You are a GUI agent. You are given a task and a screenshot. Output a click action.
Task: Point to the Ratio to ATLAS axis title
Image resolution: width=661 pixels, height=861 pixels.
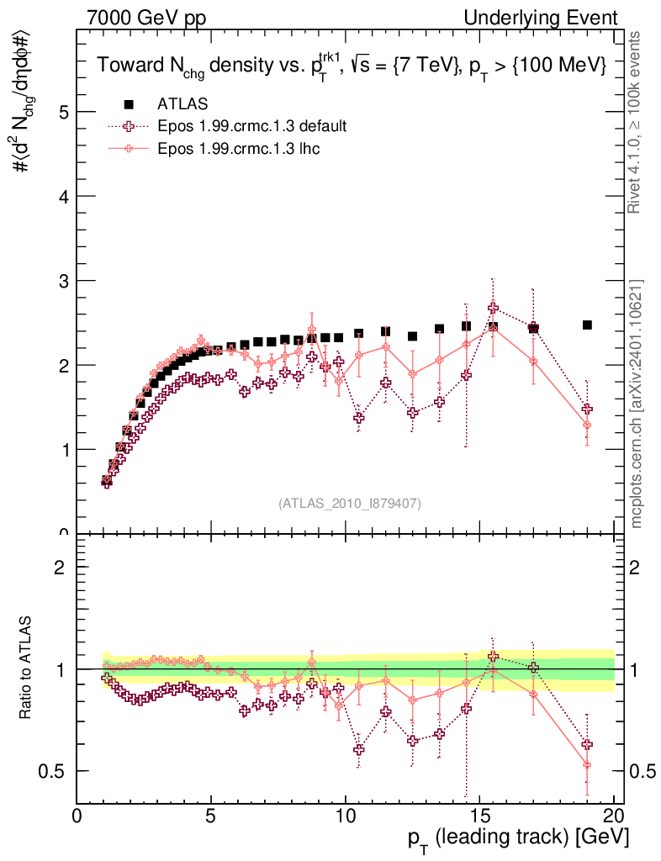[x=26, y=668]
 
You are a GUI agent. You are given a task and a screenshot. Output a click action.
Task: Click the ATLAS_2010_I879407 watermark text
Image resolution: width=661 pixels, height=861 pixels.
[x=350, y=503]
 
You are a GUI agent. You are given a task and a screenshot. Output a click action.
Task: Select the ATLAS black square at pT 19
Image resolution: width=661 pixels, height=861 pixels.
[x=587, y=325]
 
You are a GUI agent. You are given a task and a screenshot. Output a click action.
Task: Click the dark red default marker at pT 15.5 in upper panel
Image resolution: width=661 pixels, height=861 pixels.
[x=493, y=308]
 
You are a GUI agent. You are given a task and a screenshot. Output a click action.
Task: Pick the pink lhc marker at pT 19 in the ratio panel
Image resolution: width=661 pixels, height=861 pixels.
[x=587, y=764]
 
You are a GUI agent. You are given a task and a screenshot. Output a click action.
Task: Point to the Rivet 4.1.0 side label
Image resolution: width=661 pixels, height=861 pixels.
[x=637, y=121]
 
